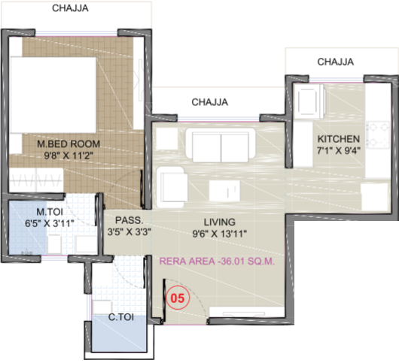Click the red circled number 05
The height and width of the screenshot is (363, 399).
tap(178, 298)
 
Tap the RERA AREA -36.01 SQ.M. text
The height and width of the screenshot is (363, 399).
tap(217, 261)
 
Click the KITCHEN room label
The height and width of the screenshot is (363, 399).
tap(339, 139)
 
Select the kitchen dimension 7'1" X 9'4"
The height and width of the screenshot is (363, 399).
tap(339, 150)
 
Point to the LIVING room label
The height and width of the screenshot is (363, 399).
tap(220, 222)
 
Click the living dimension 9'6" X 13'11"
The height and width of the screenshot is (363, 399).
tap(220, 234)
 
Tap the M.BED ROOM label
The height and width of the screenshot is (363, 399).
tap(69, 144)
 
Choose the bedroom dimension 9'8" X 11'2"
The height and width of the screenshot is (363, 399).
tap(69, 156)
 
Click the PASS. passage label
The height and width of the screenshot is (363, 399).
tap(129, 220)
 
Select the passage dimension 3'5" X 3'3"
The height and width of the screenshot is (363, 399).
tap(129, 231)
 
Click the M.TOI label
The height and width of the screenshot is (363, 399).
tap(50, 212)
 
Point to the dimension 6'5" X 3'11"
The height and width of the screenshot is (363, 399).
tap(50, 223)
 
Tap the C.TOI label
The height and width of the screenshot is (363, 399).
tap(121, 317)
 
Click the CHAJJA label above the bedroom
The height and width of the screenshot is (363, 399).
tap(70, 8)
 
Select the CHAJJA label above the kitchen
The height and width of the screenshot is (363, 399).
tap(335, 62)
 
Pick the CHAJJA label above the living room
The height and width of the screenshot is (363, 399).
tap(210, 102)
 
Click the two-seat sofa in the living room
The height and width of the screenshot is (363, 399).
tap(221, 145)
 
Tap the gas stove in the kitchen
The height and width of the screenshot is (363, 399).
tap(378, 135)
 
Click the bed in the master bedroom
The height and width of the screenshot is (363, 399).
tap(53, 95)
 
